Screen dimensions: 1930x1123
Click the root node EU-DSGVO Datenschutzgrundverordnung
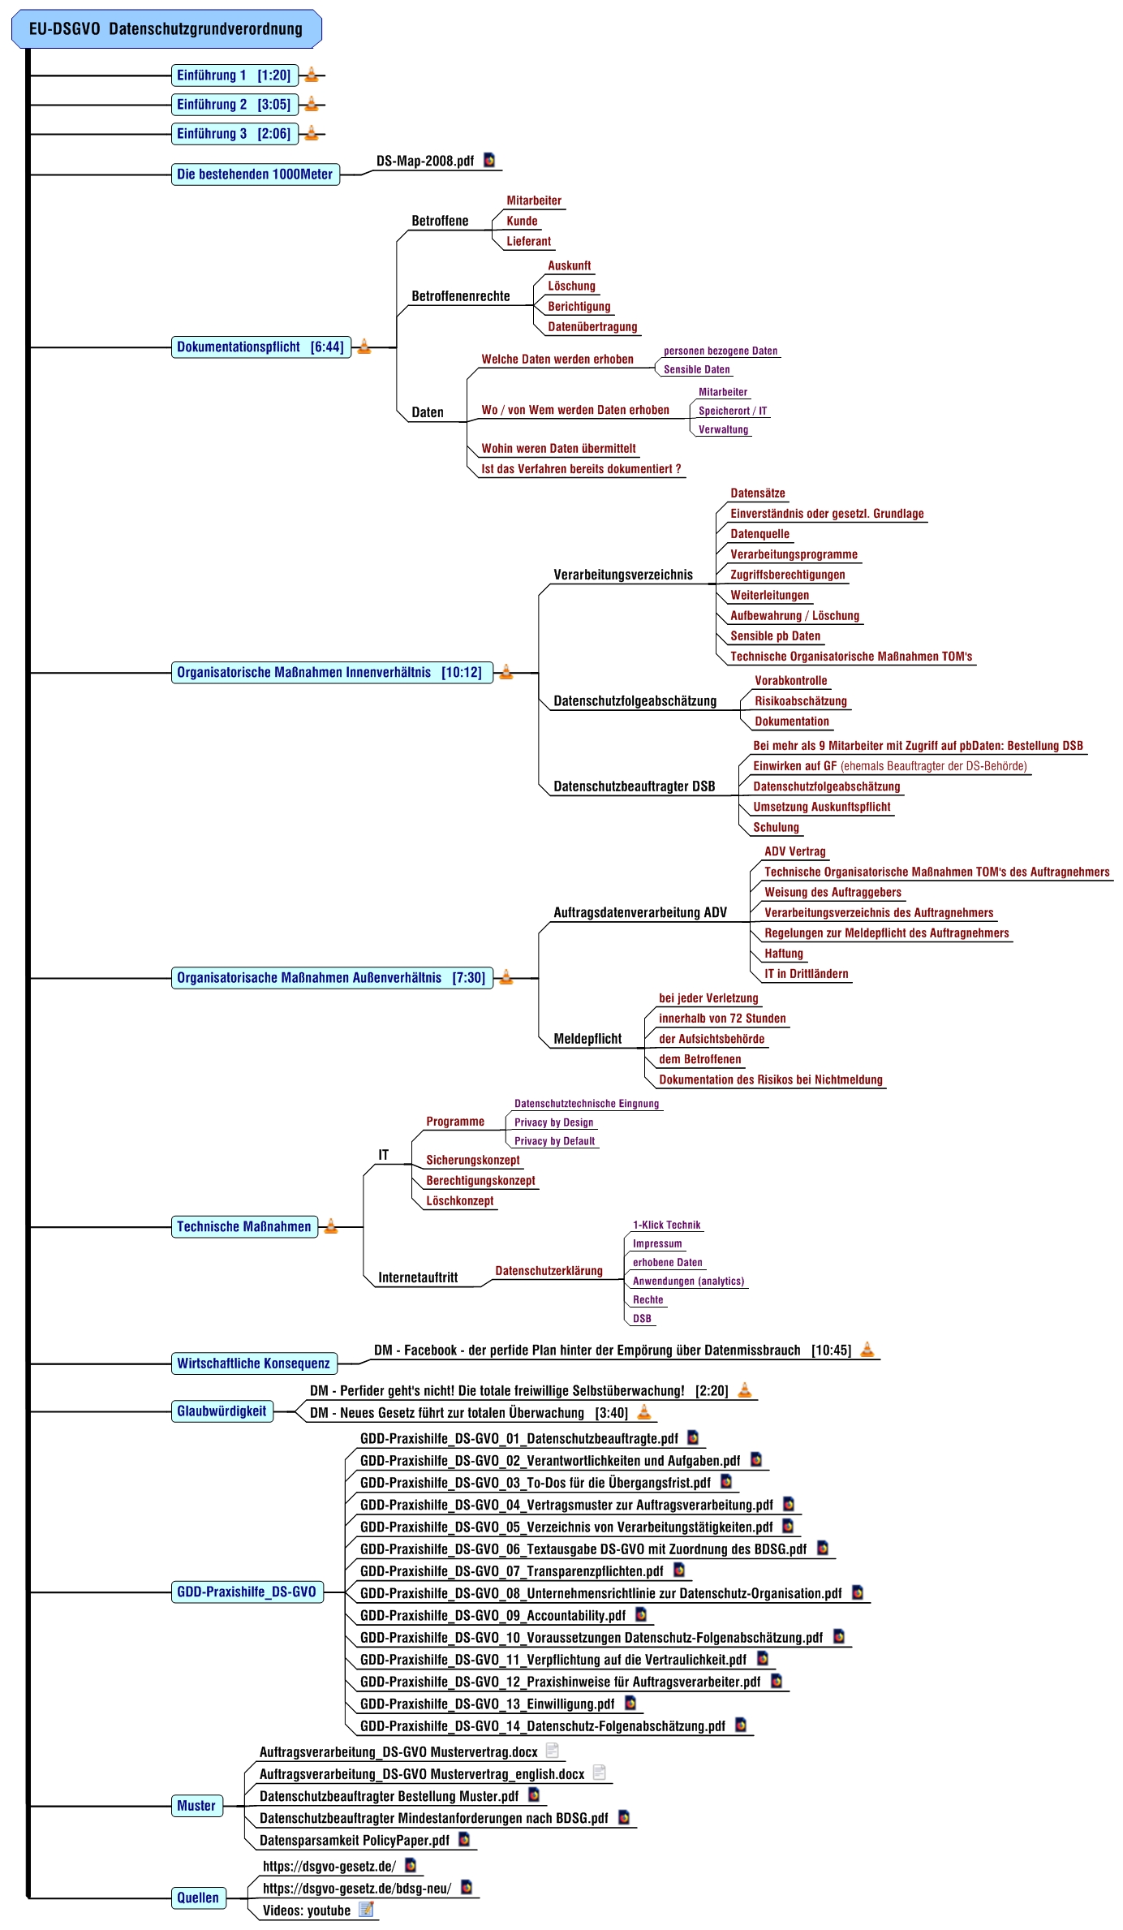click(x=166, y=29)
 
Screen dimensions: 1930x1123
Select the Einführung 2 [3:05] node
click(x=234, y=105)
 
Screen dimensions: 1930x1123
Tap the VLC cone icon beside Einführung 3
click(x=312, y=133)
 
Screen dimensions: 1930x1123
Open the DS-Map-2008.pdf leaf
click(x=424, y=161)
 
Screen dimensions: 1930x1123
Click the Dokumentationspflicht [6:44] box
click(x=260, y=347)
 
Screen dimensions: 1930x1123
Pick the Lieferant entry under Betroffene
click(x=528, y=242)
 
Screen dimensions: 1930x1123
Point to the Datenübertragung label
click(x=592, y=327)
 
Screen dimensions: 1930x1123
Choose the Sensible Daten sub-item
click(x=696, y=370)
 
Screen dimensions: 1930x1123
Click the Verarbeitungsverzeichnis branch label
click(x=622, y=575)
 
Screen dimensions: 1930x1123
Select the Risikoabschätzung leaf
click(x=800, y=701)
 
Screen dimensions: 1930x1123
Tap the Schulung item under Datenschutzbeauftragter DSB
click(x=776, y=828)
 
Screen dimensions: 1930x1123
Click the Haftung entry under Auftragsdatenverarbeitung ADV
click(x=783, y=954)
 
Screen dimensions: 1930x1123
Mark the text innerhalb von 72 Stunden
click(x=721, y=1019)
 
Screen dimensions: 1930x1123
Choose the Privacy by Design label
click(x=553, y=1123)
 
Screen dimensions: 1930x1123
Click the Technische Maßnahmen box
click(x=244, y=1227)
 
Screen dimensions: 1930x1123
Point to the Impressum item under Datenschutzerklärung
click(x=657, y=1244)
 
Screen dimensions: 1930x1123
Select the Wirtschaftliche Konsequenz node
click(x=253, y=1363)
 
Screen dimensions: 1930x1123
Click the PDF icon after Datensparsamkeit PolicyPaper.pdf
click(x=464, y=1839)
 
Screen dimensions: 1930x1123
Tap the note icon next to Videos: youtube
click(x=367, y=1910)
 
